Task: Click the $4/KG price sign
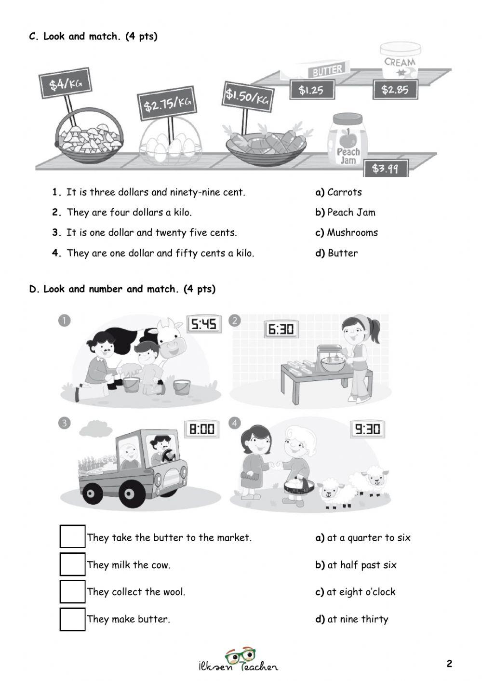[x=65, y=83]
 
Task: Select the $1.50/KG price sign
[x=247, y=96]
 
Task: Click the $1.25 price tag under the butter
[x=311, y=90]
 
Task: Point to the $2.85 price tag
[x=395, y=89]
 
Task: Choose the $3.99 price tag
[x=386, y=169]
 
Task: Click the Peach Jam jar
[x=348, y=140]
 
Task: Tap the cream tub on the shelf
[x=400, y=61]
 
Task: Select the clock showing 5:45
[x=204, y=324]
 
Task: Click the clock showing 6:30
[x=281, y=329]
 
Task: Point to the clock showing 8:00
[x=202, y=428]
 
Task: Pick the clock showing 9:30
[x=367, y=428]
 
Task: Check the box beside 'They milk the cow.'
[x=72, y=564]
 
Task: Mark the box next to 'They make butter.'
[x=72, y=619]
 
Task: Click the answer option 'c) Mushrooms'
[x=347, y=232]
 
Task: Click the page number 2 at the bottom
[x=449, y=664]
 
